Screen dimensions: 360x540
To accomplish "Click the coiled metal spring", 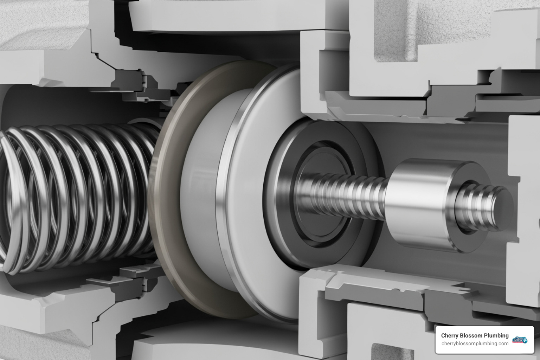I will [x=81, y=197].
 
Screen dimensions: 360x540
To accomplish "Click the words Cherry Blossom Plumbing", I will [x=475, y=336].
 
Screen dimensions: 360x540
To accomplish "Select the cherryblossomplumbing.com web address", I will [x=475, y=343].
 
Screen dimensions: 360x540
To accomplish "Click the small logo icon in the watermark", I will [x=520, y=340].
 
